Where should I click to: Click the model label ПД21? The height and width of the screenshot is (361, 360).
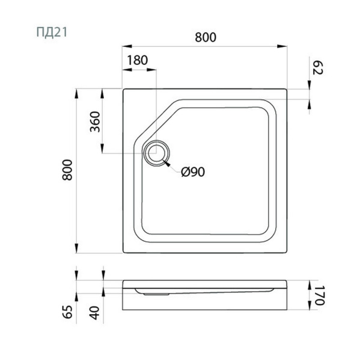click(52, 32)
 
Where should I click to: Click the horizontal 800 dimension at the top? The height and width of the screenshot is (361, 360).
click(206, 37)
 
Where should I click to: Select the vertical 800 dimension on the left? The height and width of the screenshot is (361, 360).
click(67, 170)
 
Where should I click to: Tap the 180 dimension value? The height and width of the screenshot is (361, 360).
click(138, 60)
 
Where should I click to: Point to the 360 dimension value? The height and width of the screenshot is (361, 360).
click(95, 122)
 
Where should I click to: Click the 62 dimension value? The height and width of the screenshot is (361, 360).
click(318, 67)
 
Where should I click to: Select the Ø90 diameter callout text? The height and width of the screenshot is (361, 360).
click(193, 171)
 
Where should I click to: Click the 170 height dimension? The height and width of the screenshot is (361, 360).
click(320, 295)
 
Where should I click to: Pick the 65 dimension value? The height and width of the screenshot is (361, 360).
click(67, 312)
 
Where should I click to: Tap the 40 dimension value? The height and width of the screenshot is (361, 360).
click(95, 313)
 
